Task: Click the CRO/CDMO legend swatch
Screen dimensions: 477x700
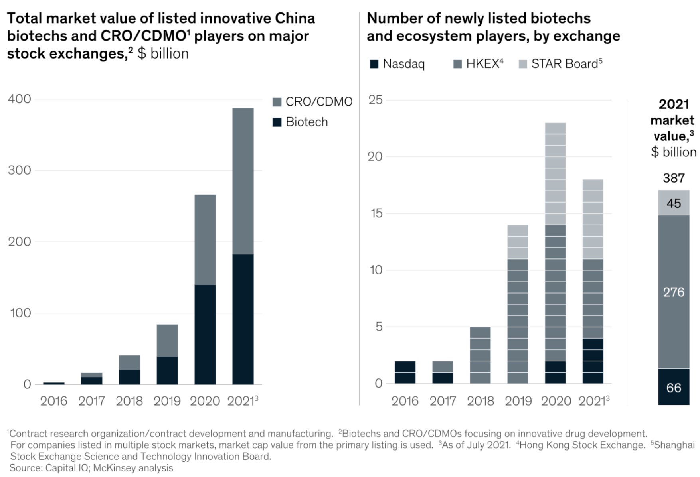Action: (277, 102)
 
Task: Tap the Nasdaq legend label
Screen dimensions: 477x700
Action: (403, 64)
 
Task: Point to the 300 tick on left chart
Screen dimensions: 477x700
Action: (19, 170)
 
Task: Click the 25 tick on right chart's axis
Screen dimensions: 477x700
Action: (375, 100)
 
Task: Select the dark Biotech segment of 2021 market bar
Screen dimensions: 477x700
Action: (243, 319)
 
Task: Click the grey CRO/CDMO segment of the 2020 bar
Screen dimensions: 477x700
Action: (205, 239)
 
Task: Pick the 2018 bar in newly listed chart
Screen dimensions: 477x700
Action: (480, 355)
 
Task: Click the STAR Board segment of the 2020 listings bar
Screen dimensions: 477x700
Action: (555, 174)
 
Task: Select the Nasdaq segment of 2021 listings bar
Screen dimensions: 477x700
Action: (593, 361)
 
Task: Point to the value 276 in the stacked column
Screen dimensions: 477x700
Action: (674, 292)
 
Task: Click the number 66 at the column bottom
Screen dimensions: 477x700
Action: (674, 388)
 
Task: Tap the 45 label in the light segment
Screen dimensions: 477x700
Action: (674, 203)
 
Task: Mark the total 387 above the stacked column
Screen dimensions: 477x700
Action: (674, 178)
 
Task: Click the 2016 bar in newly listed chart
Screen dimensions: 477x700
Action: (405, 372)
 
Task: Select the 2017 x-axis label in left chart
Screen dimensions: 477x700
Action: (91, 401)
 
